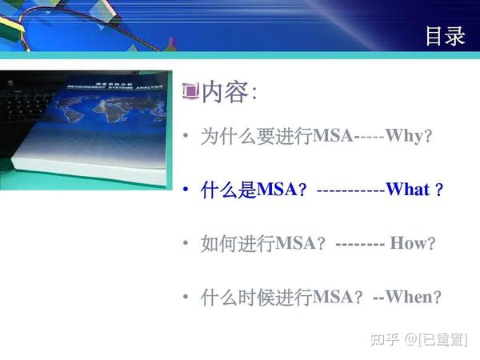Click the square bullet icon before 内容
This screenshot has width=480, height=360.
190,92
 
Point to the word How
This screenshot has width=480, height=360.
408,243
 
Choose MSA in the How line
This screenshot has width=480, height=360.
296,243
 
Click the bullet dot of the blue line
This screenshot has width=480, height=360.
186,190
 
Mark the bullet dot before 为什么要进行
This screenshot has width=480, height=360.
186,136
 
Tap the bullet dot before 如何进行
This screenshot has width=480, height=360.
186,243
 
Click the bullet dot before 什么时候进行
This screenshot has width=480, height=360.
186,297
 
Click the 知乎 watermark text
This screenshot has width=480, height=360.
382,339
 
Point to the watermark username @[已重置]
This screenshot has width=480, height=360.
436,339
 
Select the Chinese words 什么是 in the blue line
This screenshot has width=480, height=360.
228,190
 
